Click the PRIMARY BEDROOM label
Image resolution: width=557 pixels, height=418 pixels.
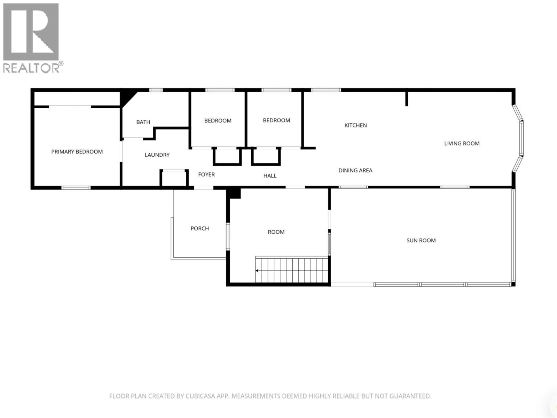coord(77,152)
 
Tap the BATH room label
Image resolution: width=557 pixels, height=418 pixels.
coord(143,122)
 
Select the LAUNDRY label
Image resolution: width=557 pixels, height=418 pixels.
coord(157,155)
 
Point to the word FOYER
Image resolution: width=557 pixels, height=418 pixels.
coord(206,175)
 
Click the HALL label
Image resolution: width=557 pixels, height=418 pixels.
coord(270,176)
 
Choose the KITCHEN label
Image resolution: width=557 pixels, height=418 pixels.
coord(355,125)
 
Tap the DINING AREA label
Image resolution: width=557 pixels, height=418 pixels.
coord(355,170)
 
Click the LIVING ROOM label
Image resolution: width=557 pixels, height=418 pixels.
coord(462,143)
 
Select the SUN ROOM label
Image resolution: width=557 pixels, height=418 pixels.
coord(421,240)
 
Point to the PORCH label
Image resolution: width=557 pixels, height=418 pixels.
coord(199,229)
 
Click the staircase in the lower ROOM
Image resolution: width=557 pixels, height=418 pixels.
coord(292,270)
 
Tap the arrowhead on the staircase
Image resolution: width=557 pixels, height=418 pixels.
coord(257,270)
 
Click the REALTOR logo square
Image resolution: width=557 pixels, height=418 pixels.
coord(31,31)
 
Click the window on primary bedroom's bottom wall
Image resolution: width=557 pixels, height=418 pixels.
coord(76,188)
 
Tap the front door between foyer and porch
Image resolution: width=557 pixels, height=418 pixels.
coord(204,188)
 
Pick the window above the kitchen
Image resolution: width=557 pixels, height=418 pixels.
coord(326,90)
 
